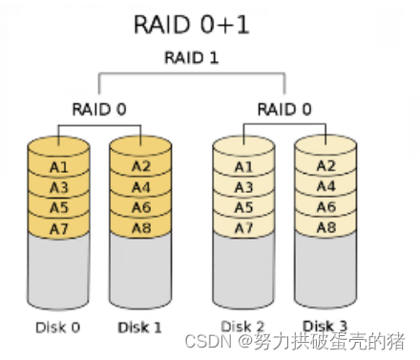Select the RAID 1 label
[x=191, y=58]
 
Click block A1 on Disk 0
[x=58, y=167]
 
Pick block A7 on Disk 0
[x=58, y=227]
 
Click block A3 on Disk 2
[x=243, y=187]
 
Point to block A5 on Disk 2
[x=243, y=207]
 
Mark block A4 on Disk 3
[x=326, y=187]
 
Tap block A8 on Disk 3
[x=326, y=227]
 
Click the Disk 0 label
[x=57, y=328]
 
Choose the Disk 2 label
[x=242, y=328]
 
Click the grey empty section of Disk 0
[x=58, y=272]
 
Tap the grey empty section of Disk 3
[x=326, y=272]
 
